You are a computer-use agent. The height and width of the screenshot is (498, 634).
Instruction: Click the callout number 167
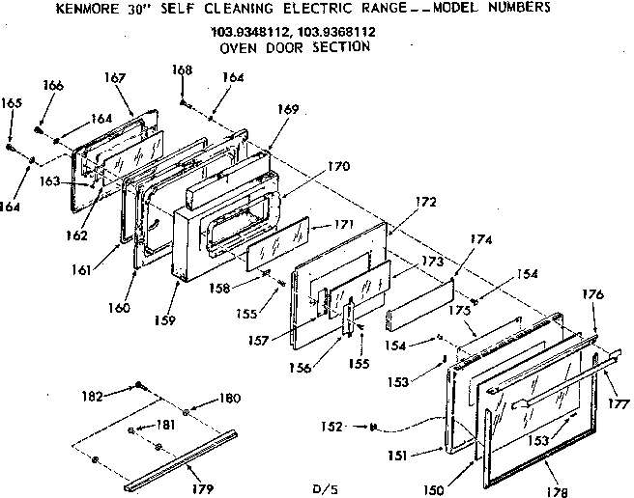pyautogui.click(x=115, y=78)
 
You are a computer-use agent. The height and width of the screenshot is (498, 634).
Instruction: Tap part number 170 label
pyautogui.click(x=337, y=166)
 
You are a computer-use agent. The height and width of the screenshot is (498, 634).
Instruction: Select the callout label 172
pyautogui.click(x=426, y=202)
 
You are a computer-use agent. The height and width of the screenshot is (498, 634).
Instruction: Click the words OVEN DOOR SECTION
pyautogui.click(x=295, y=46)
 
